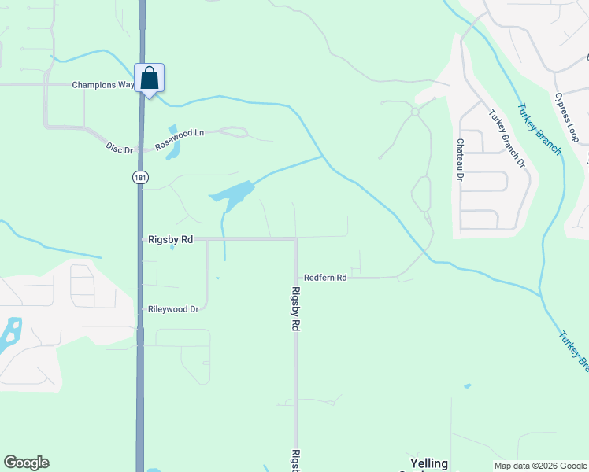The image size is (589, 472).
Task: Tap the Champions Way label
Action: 103,85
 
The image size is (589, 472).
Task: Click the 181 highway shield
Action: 139,178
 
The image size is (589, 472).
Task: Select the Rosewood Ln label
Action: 180,139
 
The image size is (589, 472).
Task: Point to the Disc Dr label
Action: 120,146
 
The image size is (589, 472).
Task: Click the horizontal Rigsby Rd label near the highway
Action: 170,238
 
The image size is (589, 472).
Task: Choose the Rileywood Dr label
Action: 173,309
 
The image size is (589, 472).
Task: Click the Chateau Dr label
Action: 459,160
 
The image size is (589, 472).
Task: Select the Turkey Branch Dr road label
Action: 506,138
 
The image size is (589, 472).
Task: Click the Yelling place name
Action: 429,463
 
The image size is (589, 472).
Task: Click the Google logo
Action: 26,463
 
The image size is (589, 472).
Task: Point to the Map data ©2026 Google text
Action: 540,466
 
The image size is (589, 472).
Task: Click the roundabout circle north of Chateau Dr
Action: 415,112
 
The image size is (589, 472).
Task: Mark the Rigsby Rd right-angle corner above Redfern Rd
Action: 295,238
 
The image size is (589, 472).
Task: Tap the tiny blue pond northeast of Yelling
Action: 468,386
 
